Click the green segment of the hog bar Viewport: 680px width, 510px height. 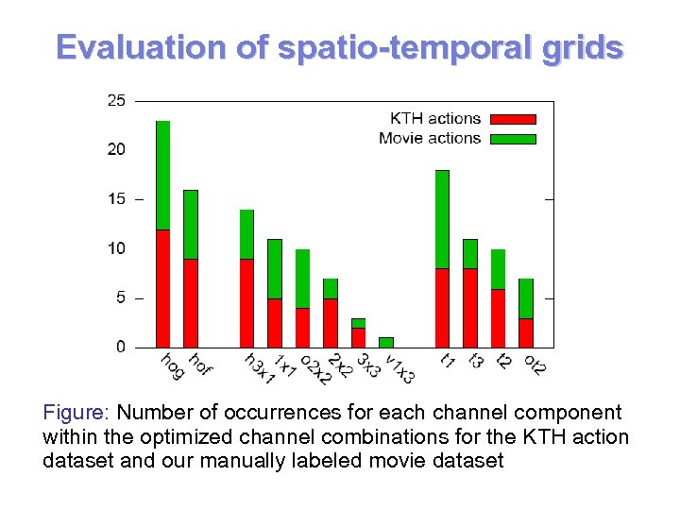pos(162,175)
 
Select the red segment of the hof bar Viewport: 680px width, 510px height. pos(190,303)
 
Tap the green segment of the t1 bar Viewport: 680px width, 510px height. pos(442,219)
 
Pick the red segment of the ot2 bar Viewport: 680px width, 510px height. pos(526,332)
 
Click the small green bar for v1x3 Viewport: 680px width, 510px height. pos(385,342)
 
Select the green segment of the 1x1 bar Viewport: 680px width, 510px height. pos(274,268)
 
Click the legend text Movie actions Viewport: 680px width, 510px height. pos(430,139)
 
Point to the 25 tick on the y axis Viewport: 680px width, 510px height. pos(114,100)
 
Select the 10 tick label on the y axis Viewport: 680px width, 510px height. pos(114,248)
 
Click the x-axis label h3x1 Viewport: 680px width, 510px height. pos(257,368)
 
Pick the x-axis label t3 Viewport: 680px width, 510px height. pos(476,361)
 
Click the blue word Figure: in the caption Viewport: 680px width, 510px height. pos(76,413)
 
